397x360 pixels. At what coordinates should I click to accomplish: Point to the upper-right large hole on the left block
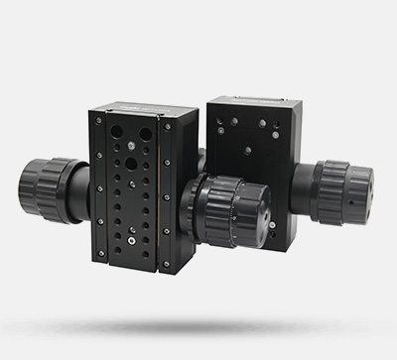pyautogui.click(x=146, y=135)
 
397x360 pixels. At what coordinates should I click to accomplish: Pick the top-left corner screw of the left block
pyautogui.click(x=99, y=117)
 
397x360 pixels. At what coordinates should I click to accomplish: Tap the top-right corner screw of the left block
pyautogui.click(x=166, y=127)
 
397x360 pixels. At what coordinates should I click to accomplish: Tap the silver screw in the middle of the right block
pyautogui.click(x=247, y=152)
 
